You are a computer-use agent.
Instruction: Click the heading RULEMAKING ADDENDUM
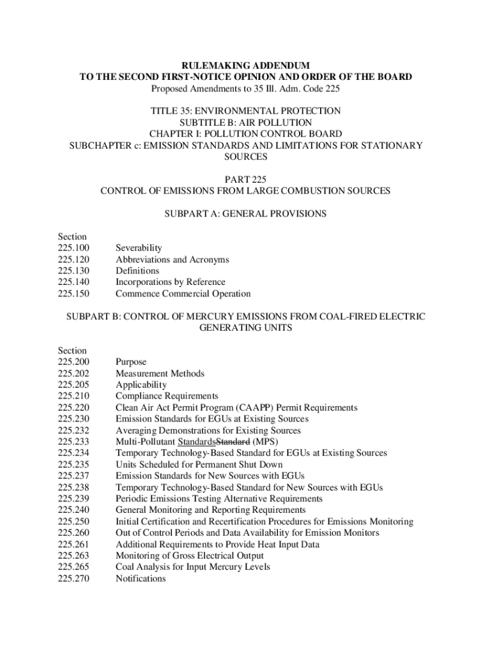pos(245,65)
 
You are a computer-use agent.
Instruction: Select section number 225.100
pos(73,248)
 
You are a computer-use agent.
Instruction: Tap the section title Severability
pos(139,248)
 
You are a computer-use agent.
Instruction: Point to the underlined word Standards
pos(197,441)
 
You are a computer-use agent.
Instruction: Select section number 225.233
pos(73,441)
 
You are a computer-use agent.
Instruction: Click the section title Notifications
pos(141,578)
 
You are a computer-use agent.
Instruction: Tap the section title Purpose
pos(131,361)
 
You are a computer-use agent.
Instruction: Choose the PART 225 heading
pos(245,179)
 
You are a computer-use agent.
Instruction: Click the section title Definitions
pos(137,271)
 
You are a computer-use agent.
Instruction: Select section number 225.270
pos(73,578)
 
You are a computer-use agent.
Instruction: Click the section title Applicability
pos(141,384)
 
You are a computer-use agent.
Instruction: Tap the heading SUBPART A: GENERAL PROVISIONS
pos(245,214)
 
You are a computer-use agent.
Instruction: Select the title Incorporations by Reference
pos(170,282)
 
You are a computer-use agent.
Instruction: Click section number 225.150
pos(73,294)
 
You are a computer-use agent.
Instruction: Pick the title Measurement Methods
pos(160,373)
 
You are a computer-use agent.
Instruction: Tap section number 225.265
pos(73,567)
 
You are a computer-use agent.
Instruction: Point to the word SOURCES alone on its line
pos(245,156)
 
